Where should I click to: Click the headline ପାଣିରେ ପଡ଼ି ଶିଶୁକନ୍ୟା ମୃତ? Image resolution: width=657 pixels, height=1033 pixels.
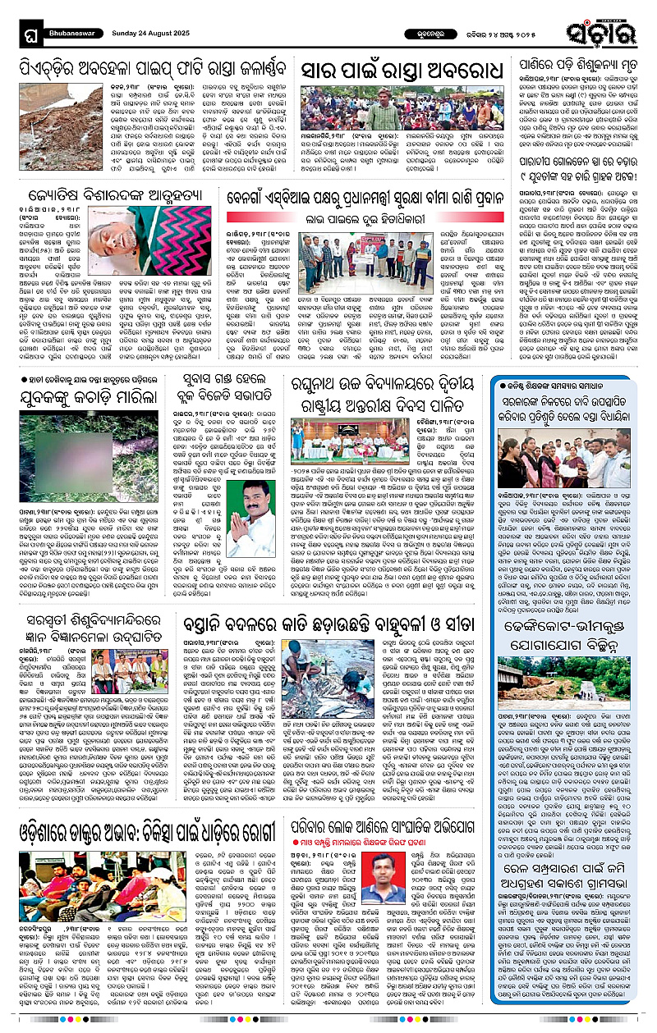pos(572,62)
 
